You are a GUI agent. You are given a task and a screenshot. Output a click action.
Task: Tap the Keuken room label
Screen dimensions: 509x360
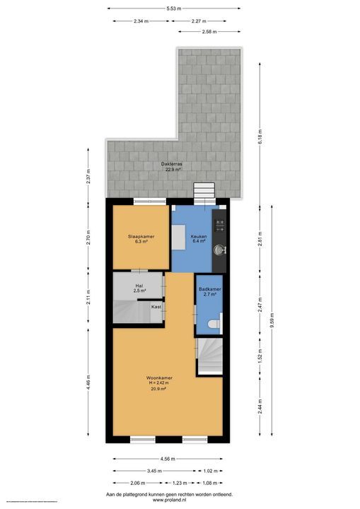[198, 235]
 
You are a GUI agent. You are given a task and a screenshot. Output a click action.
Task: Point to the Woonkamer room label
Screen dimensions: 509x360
[161, 378]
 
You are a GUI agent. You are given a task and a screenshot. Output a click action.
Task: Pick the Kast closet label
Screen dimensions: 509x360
[156, 307]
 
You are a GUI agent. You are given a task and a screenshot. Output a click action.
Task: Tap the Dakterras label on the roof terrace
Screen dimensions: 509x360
[173, 164]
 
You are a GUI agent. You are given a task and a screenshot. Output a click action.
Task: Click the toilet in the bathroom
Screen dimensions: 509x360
[214, 324]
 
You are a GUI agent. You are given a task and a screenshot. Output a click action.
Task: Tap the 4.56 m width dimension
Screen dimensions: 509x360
[169, 458]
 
